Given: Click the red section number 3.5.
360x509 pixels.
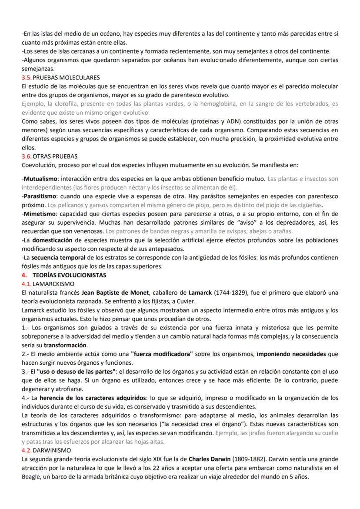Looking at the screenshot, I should click(27, 77).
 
